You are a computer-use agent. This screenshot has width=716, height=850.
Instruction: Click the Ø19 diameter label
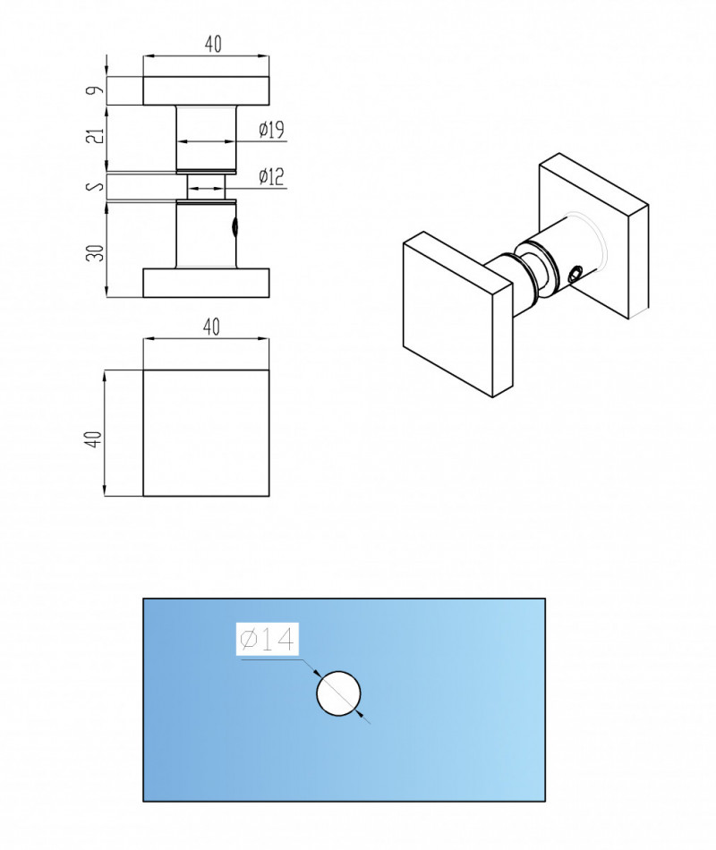point(272,130)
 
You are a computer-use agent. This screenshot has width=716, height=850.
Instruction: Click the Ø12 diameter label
point(272,177)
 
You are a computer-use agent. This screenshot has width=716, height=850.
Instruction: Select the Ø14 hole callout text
point(268,639)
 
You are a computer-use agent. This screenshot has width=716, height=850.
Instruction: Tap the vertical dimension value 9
point(97,90)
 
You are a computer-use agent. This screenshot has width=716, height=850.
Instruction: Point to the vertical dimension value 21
point(97,136)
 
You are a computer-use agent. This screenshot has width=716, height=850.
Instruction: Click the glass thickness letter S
point(98,186)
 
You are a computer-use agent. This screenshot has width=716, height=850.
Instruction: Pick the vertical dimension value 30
point(97,252)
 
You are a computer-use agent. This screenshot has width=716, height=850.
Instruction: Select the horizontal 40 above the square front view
point(211,327)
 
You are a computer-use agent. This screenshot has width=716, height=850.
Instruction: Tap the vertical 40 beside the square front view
point(94,438)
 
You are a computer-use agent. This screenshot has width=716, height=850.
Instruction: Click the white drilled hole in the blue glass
point(338,693)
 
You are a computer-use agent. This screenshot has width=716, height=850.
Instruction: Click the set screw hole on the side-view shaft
point(234,227)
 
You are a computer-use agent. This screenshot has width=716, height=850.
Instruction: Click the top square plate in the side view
point(206,90)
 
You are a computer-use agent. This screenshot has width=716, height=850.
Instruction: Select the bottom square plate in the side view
point(206,283)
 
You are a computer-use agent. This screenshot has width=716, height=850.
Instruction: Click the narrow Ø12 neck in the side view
point(206,188)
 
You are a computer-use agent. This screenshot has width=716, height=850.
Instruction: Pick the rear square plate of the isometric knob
point(593,236)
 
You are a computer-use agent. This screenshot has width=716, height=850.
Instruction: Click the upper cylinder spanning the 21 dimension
point(206,138)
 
